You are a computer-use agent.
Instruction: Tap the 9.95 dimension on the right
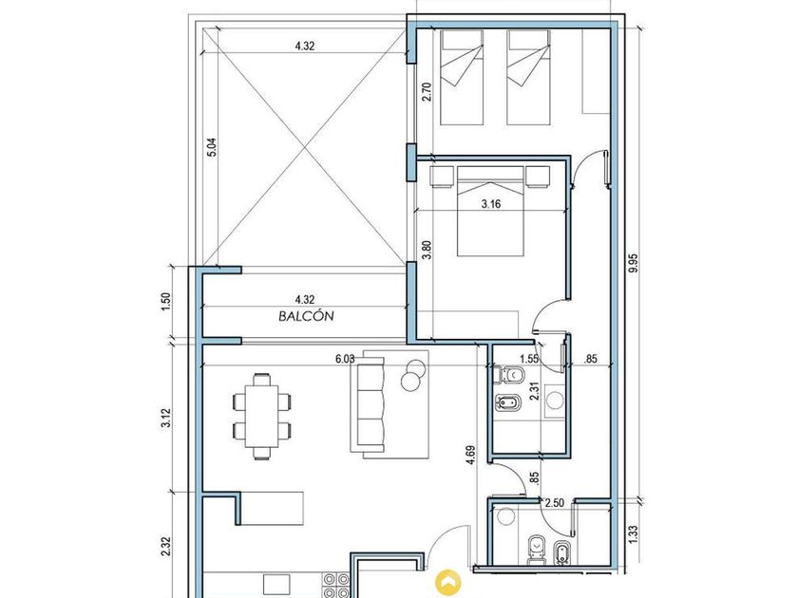[633, 263]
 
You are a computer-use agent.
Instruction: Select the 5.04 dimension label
[212, 147]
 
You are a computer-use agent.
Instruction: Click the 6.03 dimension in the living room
[345, 359]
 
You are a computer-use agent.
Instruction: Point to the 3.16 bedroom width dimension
[490, 204]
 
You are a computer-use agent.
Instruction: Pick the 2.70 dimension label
[427, 92]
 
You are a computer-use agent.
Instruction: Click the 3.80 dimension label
[427, 250]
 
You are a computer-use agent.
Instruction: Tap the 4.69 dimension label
[471, 456]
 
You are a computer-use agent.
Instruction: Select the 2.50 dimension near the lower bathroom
[554, 503]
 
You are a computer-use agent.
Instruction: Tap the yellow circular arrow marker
[448, 582]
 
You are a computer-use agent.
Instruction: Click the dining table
[261, 416]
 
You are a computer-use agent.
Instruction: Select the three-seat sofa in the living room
[368, 404]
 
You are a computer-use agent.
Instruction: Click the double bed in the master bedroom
[490, 211]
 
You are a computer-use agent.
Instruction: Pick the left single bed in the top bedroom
[462, 77]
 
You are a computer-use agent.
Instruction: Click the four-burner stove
[337, 586]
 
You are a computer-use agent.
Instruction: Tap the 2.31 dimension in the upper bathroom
[534, 391]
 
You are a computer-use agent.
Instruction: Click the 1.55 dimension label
[530, 359]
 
